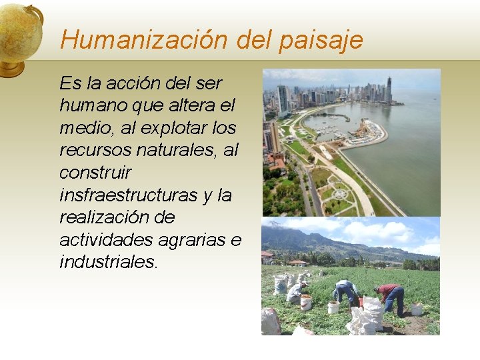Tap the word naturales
175,150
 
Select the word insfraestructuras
128,195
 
